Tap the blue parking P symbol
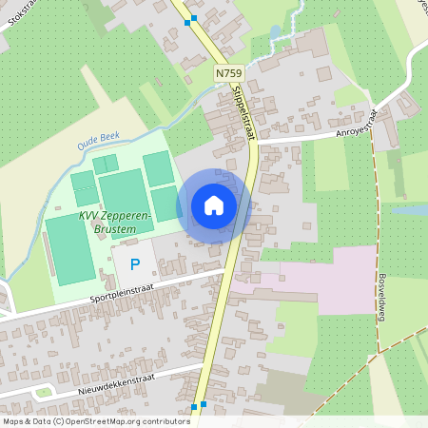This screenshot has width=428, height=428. pos(134,263)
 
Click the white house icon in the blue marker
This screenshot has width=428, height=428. pos(214,205)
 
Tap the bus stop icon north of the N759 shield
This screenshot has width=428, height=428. pos(194,18)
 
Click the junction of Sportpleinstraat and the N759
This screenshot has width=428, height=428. pos(225,273)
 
